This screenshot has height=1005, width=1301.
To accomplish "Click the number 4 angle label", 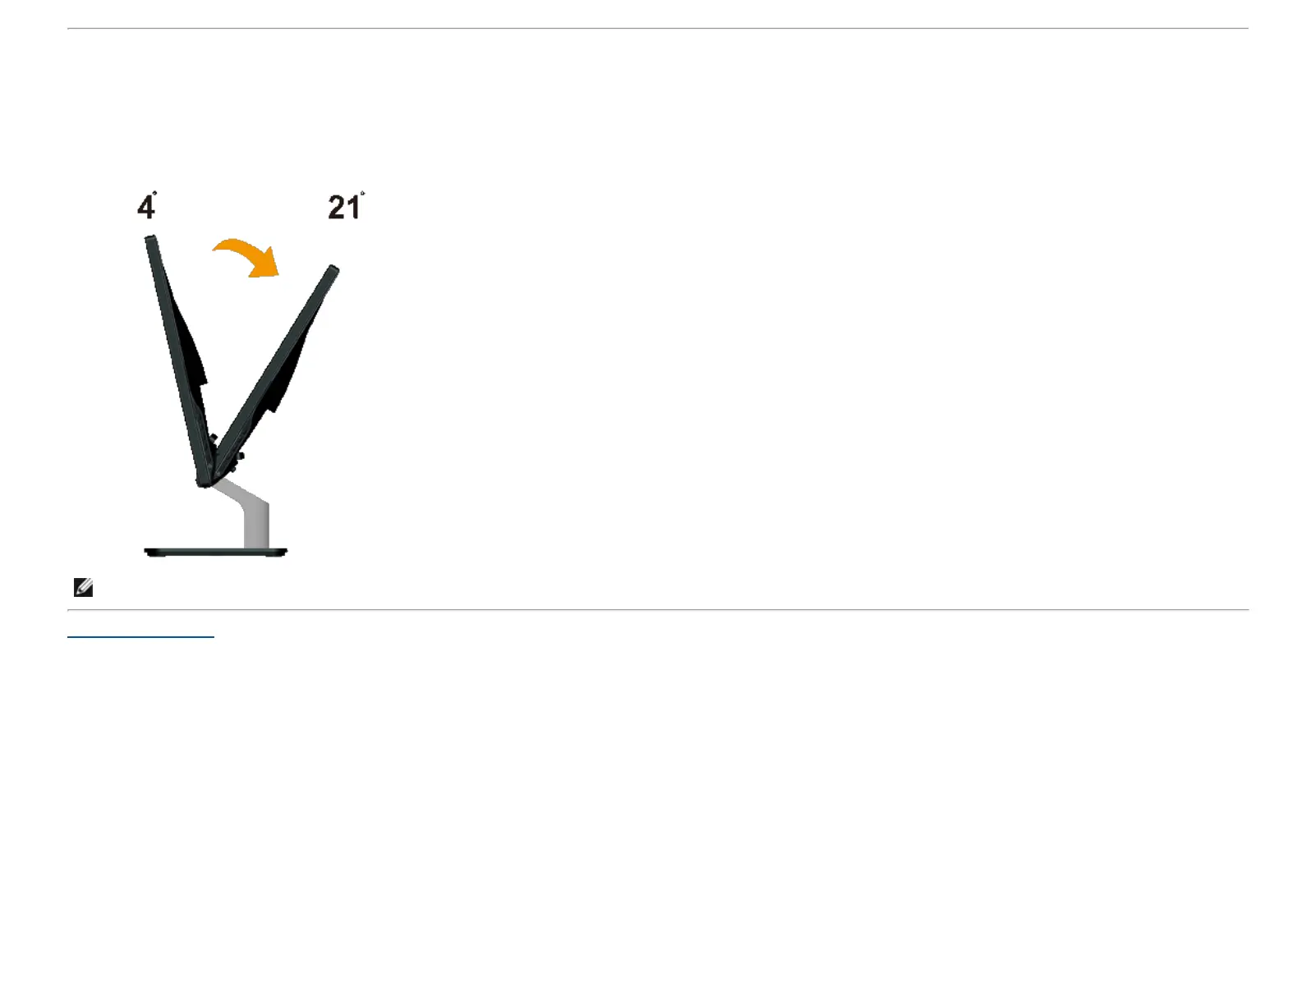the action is pyautogui.click(x=145, y=207).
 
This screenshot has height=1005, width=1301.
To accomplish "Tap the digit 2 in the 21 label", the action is pyautogui.click(x=337, y=207).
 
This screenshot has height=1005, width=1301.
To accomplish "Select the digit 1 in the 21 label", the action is pyautogui.click(x=352, y=207).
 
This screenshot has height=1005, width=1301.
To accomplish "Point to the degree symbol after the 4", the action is pyautogui.click(x=154, y=194).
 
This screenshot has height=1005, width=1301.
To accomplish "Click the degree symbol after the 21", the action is pyautogui.click(x=362, y=195).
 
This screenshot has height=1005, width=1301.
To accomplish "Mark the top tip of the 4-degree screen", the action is pyautogui.click(x=150, y=239).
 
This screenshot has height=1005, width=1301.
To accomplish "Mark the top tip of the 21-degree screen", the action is pyautogui.click(x=333, y=269).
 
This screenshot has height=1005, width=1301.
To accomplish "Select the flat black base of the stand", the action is pyautogui.click(x=215, y=552).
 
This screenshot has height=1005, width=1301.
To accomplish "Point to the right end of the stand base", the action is pyautogui.click(x=285, y=552).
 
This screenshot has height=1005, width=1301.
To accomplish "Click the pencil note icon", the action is pyautogui.click(x=83, y=587).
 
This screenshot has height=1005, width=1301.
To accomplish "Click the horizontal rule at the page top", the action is pyautogui.click(x=657, y=29).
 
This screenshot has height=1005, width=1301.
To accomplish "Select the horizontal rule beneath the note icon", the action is pyautogui.click(x=657, y=610).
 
